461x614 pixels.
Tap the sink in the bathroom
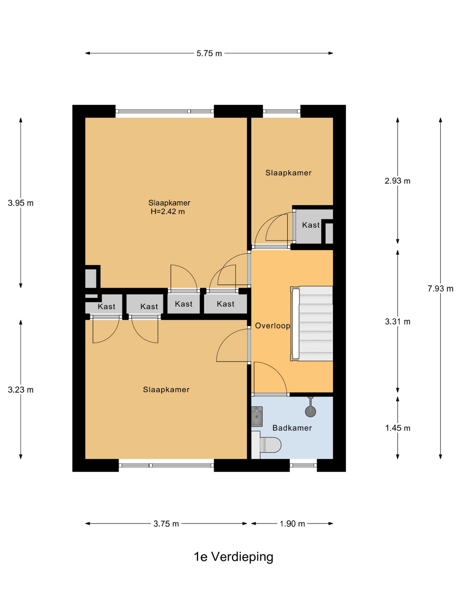click(257, 416)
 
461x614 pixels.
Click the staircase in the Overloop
click(312, 324)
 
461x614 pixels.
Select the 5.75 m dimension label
click(209, 53)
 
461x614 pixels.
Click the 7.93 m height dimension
click(440, 289)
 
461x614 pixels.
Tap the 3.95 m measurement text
click(21, 203)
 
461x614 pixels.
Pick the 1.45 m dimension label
click(397, 428)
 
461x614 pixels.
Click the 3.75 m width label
click(166, 524)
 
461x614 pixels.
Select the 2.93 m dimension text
click(397, 181)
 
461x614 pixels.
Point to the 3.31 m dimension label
click(397, 322)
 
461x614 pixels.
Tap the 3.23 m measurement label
click(21, 390)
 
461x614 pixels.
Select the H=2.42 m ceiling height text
click(168, 212)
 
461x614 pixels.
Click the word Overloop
click(272, 326)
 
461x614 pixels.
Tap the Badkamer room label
click(292, 428)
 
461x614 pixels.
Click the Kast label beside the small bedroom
click(311, 225)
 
